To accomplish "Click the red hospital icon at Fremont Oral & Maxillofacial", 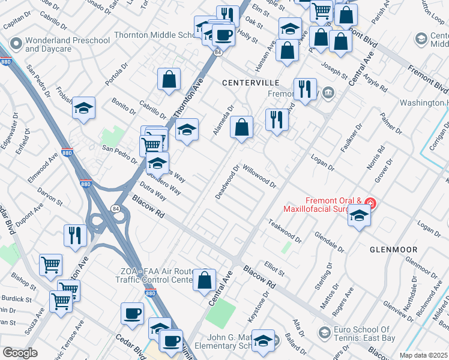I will (x=372, y=203).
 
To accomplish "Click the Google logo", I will (x=20, y=352).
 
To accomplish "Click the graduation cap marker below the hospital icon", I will (x=359, y=215).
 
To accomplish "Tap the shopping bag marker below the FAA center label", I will (x=204, y=280).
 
